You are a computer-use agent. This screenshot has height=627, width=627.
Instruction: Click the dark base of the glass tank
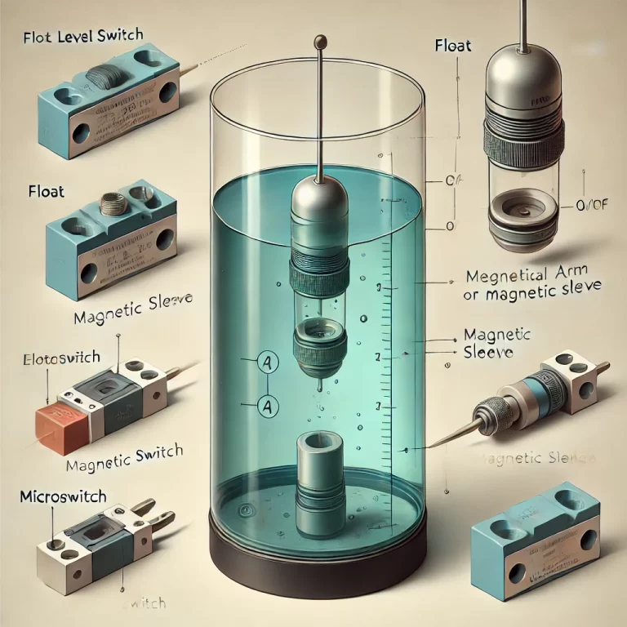[x=318, y=548]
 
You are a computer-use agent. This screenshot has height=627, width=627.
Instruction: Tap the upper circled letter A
[x=265, y=362]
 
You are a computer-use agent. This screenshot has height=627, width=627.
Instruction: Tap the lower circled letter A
[x=265, y=402]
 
